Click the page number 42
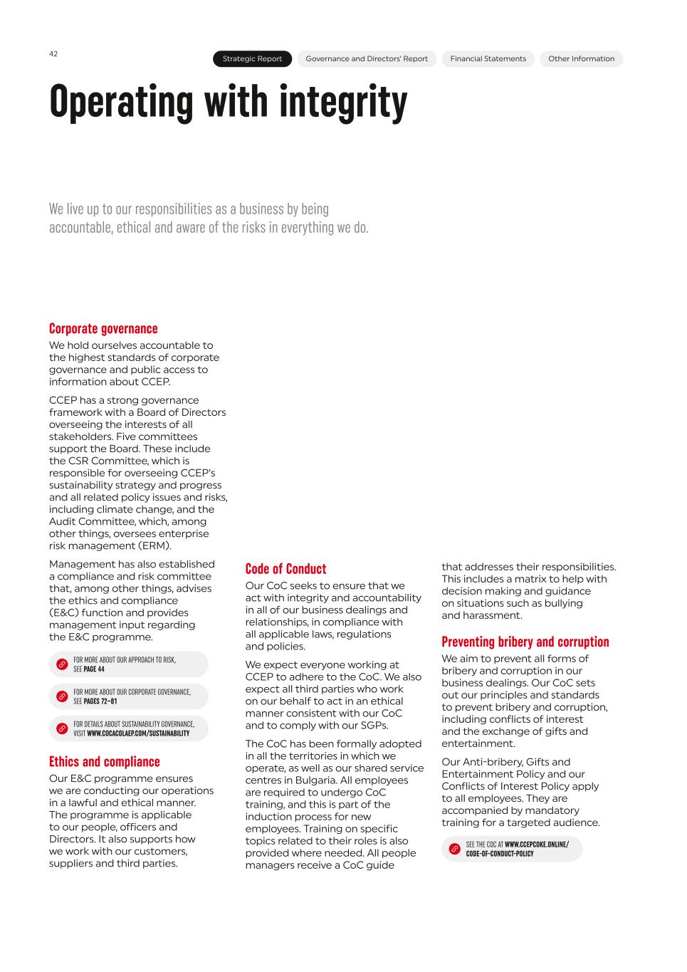[x=53, y=54]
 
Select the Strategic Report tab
[x=252, y=59]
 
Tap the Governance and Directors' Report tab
[x=367, y=59]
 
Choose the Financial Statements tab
[x=488, y=59]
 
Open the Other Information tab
[x=581, y=59]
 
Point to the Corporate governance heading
[x=103, y=328]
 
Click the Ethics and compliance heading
[x=104, y=761]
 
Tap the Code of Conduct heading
[x=285, y=568]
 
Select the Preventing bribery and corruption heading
[x=525, y=642]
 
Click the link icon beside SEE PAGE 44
[x=62, y=664]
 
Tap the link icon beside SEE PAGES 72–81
[x=62, y=696]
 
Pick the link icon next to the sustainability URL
[x=62, y=728]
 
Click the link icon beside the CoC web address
[x=454, y=849]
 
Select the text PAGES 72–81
[x=100, y=701]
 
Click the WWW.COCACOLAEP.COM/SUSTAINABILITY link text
[x=138, y=733]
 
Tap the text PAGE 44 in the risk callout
[x=94, y=669]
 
